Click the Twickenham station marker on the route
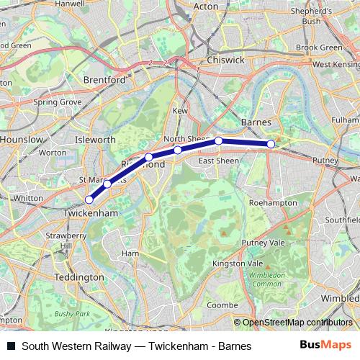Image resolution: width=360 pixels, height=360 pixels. [89, 199]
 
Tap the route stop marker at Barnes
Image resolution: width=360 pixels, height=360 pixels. [271, 144]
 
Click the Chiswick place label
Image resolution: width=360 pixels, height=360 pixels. [225, 60]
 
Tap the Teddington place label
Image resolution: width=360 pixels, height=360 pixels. [80, 276]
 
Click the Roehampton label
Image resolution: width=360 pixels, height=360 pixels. [273, 203]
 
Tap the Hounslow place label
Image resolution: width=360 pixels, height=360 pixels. [18, 138]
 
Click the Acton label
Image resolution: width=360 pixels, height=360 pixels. [207, 6]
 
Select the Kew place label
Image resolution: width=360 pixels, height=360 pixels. [180, 112]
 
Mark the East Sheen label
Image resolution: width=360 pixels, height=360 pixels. [219, 161]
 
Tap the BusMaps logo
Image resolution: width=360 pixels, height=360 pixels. [326, 346]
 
